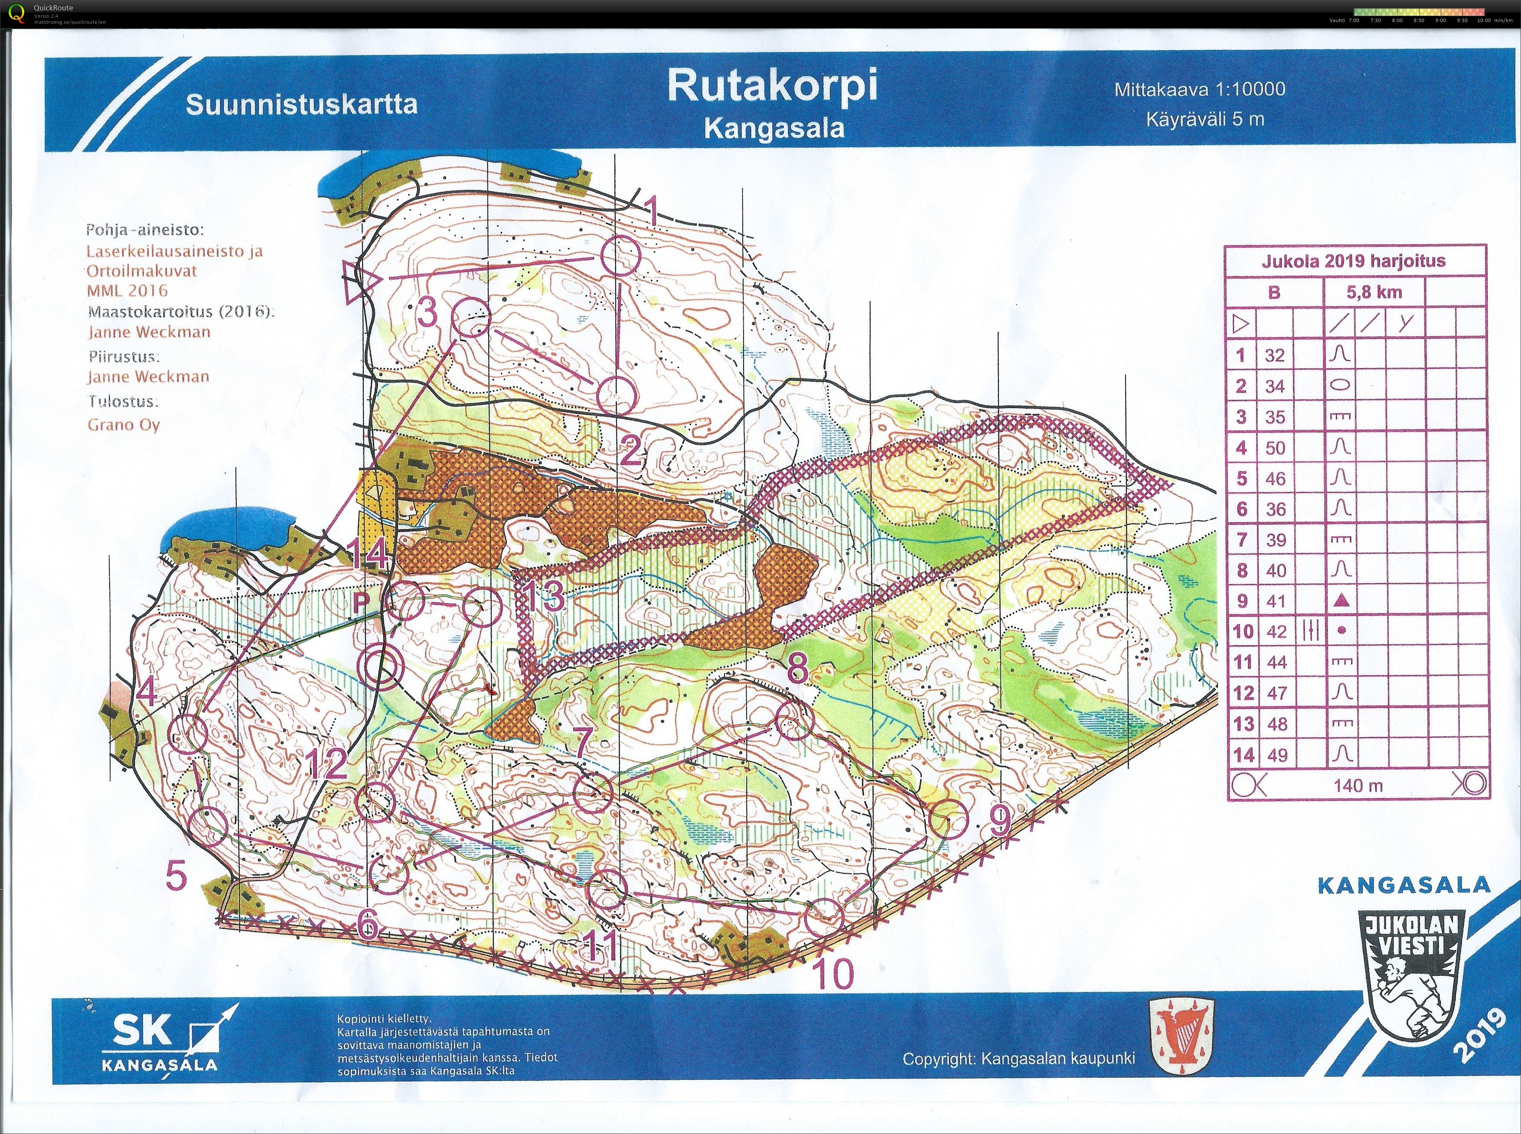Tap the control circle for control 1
620,255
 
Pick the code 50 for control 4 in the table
1274,448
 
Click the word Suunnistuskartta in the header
301,104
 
